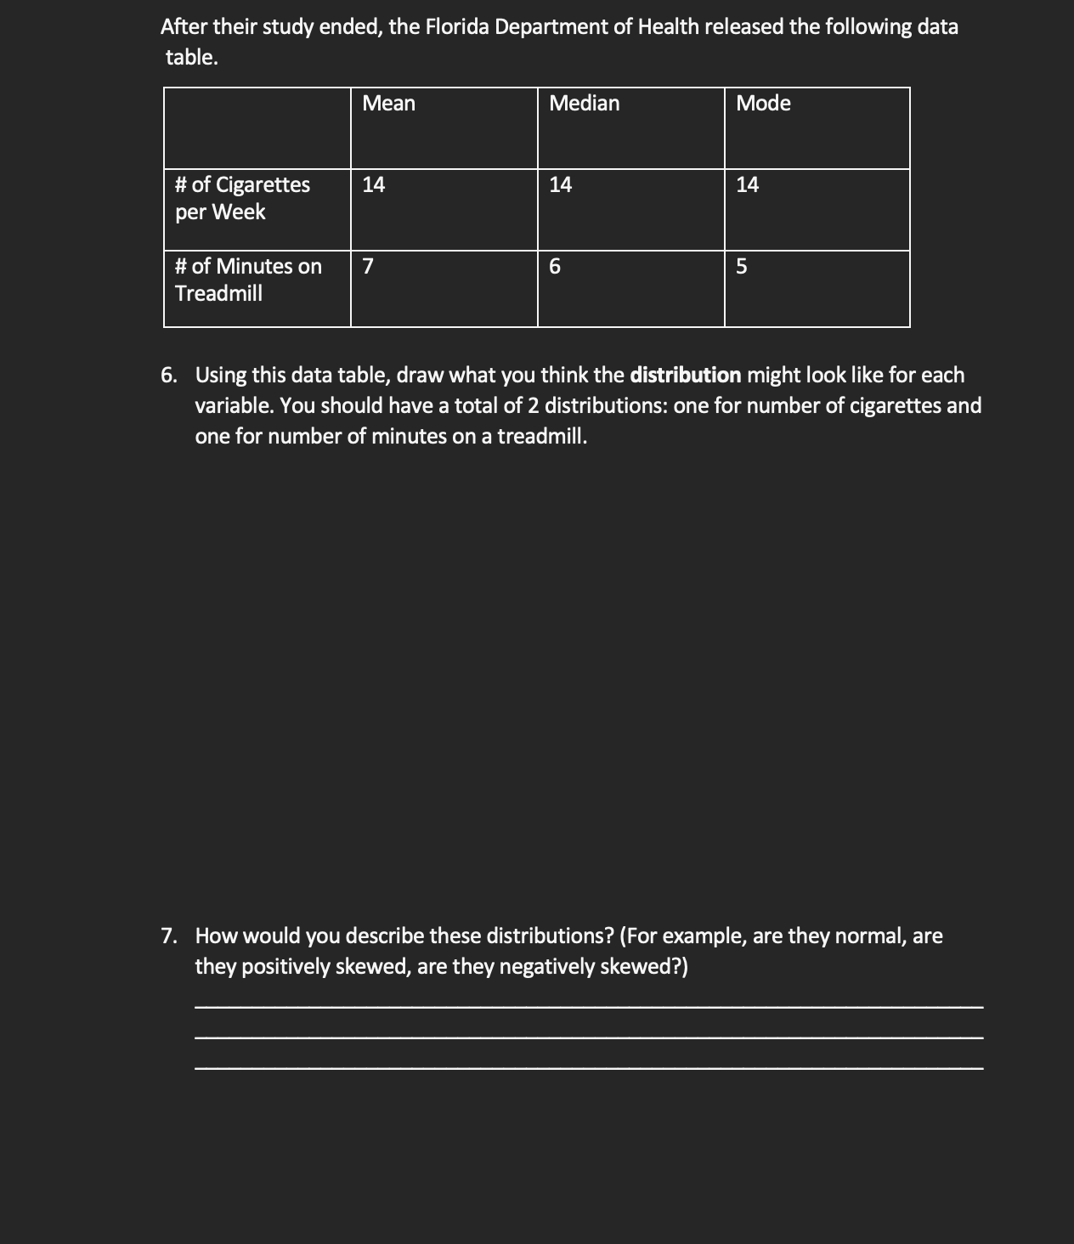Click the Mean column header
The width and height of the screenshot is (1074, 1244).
pyautogui.click(x=388, y=104)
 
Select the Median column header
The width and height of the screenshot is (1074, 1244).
pyautogui.click(x=584, y=104)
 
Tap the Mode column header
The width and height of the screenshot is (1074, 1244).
pyautogui.click(x=763, y=104)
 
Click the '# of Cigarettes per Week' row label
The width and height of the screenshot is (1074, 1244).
pyautogui.click(x=242, y=198)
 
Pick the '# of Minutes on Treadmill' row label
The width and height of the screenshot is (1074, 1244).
pyautogui.click(x=248, y=280)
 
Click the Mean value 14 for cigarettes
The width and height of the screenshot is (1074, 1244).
pyautogui.click(x=373, y=184)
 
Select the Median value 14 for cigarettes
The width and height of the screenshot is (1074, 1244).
pyautogui.click(x=560, y=184)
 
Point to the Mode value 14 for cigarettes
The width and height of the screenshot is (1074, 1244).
pyautogui.click(x=747, y=184)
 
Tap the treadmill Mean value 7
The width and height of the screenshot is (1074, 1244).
pyautogui.click(x=367, y=267)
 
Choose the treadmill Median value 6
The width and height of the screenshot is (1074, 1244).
pyautogui.click(x=555, y=267)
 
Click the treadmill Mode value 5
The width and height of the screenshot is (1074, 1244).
pyautogui.click(x=741, y=267)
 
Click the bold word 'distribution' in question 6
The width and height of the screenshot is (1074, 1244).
pyautogui.click(x=685, y=376)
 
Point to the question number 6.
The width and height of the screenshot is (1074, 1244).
pyautogui.click(x=170, y=376)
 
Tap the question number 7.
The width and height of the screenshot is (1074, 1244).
pyautogui.click(x=170, y=936)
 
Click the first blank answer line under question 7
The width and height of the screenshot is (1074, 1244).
pyautogui.click(x=588, y=1006)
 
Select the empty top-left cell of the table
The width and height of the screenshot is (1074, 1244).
pyautogui.click(x=257, y=128)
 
